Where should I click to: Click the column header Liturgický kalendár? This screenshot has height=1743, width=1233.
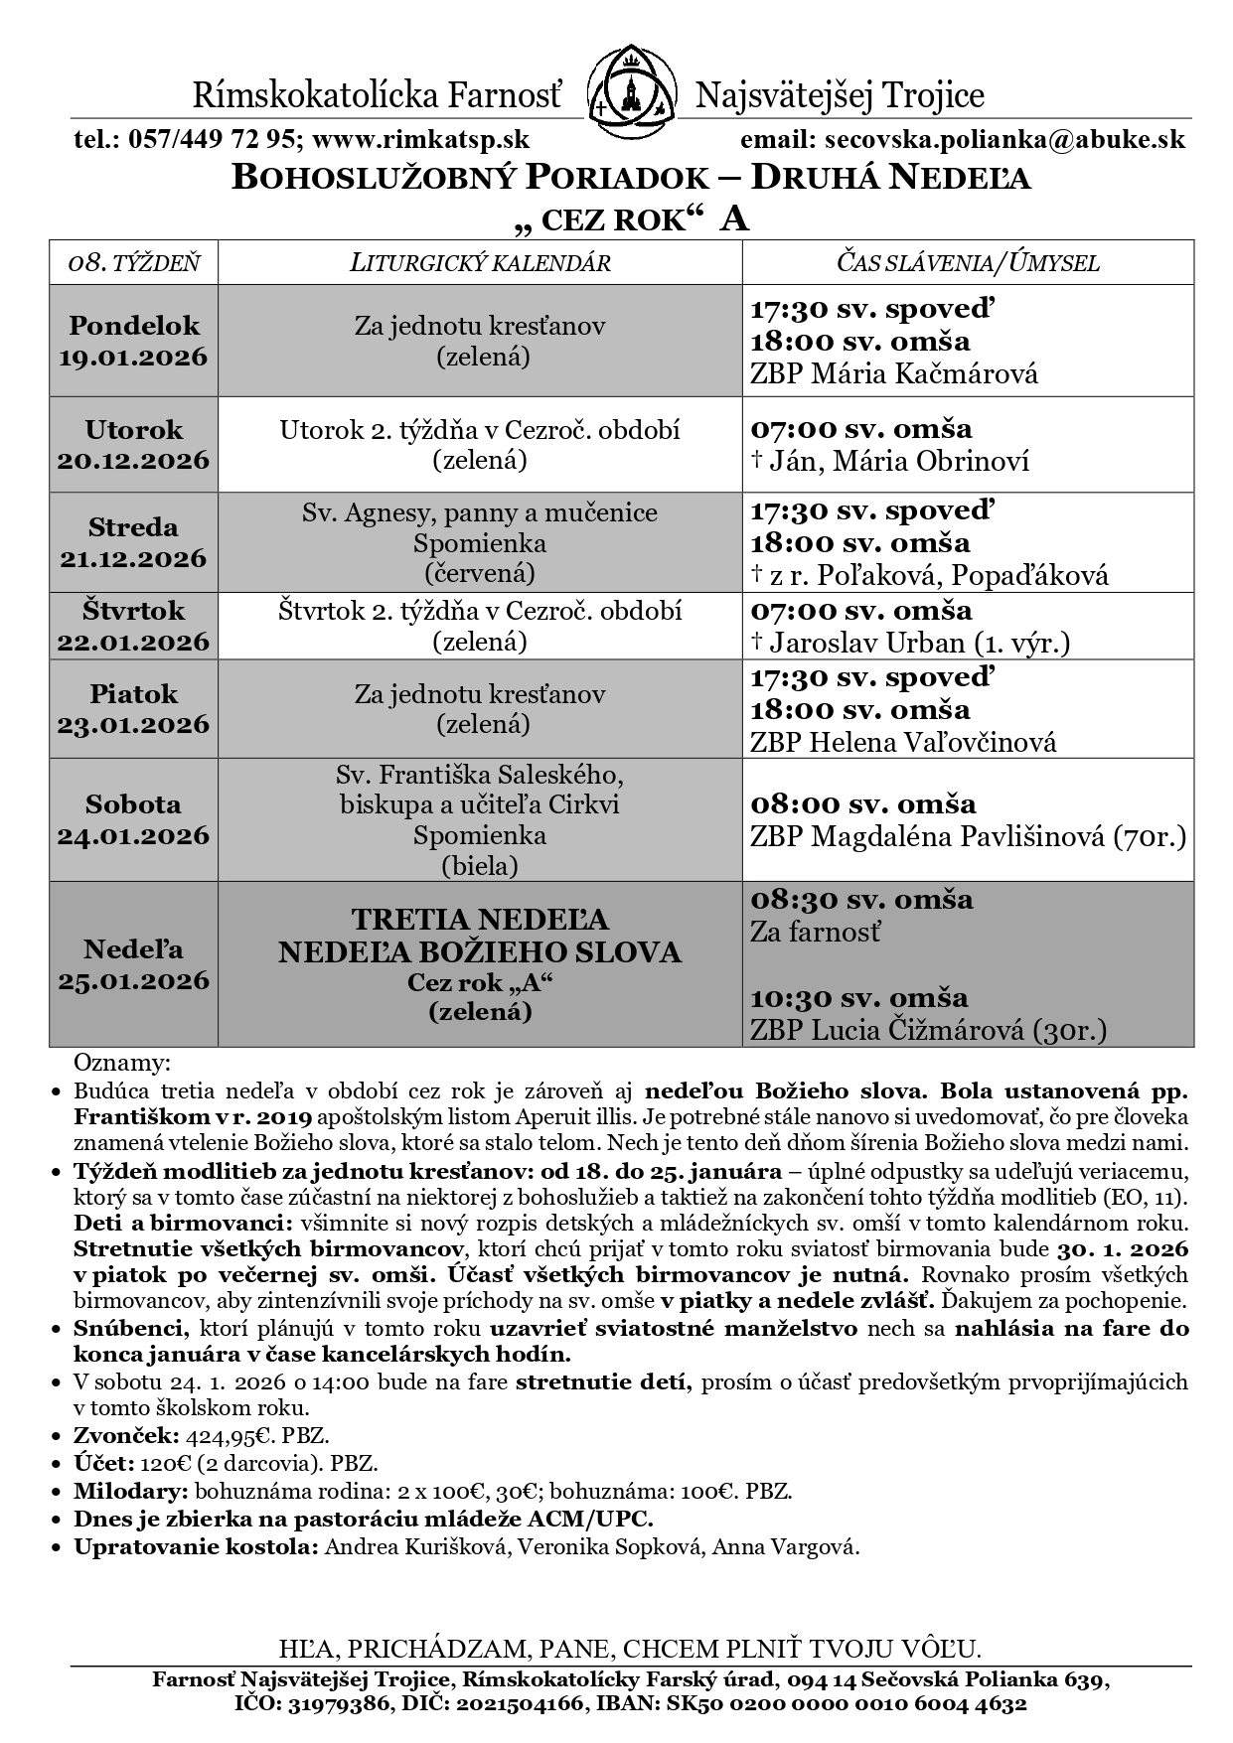coord(480,263)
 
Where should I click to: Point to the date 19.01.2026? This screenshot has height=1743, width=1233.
coord(134,357)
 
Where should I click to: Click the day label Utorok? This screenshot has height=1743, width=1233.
coord(134,429)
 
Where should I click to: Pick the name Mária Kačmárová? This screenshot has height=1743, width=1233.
coord(925,374)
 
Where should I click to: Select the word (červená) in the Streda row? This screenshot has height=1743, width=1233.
coord(480,574)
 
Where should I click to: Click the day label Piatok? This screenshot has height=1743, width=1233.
coord(134,693)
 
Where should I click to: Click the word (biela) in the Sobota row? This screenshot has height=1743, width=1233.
coord(480,866)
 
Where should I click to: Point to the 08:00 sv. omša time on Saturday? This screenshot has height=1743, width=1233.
coord(863,803)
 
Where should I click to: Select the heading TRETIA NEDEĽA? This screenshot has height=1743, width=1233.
coord(480,919)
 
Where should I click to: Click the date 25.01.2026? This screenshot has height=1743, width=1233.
coord(134,981)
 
